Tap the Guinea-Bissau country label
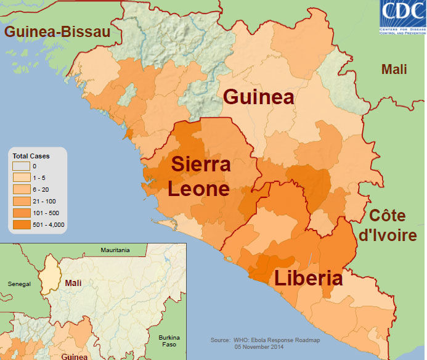[x=56, y=32]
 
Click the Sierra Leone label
[x=201, y=176]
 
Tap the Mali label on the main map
[x=394, y=69]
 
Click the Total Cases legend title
[x=31, y=156]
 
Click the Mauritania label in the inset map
[x=115, y=250]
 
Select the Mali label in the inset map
[x=73, y=283]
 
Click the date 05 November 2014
[x=263, y=347]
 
